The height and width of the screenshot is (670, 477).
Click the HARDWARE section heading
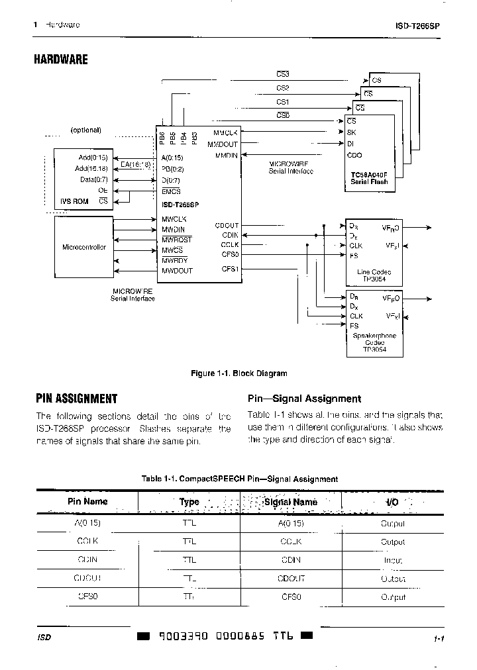coord(61,60)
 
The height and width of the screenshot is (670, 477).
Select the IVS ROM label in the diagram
coord(74,201)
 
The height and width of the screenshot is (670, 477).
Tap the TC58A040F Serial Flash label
coord(368,178)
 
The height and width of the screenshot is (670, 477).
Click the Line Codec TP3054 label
coord(374,275)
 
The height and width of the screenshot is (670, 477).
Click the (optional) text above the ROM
coord(85,130)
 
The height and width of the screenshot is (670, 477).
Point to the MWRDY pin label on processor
coord(174,260)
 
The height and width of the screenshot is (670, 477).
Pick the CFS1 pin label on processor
coord(230,269)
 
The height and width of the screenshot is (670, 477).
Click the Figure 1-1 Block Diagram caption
coord(238,373)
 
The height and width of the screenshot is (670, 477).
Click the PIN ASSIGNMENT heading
coord(76,399)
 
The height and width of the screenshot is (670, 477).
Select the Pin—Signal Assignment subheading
coord(304,399)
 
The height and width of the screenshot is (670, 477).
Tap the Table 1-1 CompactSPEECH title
coord(239,479)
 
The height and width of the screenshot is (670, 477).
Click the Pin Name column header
coord(87,501)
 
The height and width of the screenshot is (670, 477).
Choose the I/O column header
coord(392,502)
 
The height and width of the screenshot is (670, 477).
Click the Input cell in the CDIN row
coord(392,560)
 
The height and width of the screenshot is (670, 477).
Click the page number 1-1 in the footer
coord(438,639)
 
